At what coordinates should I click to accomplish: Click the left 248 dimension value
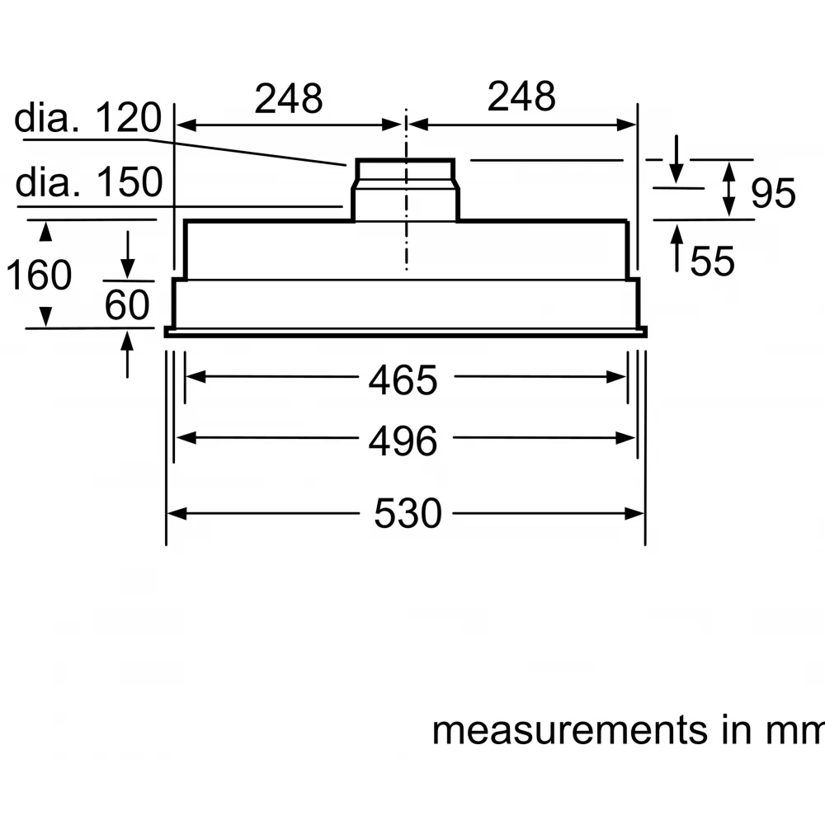288,99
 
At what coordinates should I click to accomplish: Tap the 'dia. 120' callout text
87,120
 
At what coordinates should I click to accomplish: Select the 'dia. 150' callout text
89,182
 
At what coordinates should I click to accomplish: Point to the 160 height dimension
39,275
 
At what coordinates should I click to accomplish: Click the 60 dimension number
127,306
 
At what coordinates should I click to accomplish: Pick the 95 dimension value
773,194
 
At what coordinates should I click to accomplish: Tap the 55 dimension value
712,262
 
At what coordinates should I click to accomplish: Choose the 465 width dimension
403,380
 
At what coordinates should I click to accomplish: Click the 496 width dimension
403,442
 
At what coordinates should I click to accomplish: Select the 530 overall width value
408,515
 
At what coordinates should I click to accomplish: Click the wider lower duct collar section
404,203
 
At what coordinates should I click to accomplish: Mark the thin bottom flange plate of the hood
405,332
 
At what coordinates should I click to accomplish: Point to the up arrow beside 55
677,246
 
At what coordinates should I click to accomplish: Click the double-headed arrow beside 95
730,190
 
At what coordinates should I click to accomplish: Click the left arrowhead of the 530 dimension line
175,514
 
